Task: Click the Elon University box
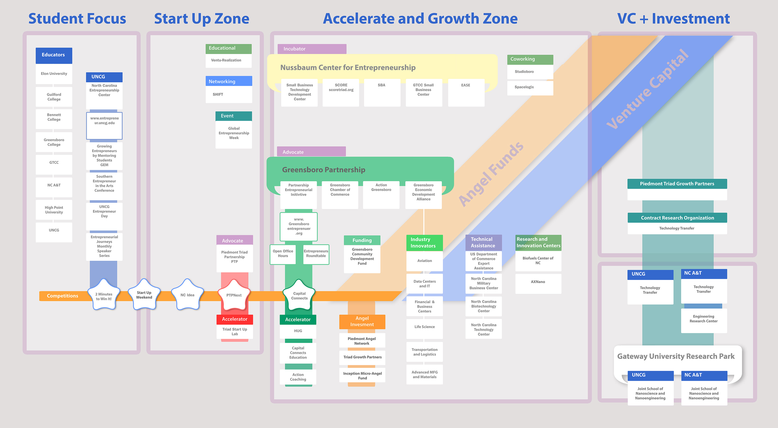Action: pos(54,74)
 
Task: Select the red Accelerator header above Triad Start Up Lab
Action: pos(235,319)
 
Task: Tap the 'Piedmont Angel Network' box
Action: pos(362,341)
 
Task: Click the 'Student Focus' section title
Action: pos(77,19)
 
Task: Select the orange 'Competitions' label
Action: pos(63,296)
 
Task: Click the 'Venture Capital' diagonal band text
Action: pos(648,89)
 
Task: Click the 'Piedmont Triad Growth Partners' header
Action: pos(677,183)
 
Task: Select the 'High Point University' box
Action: pos(54,210)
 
